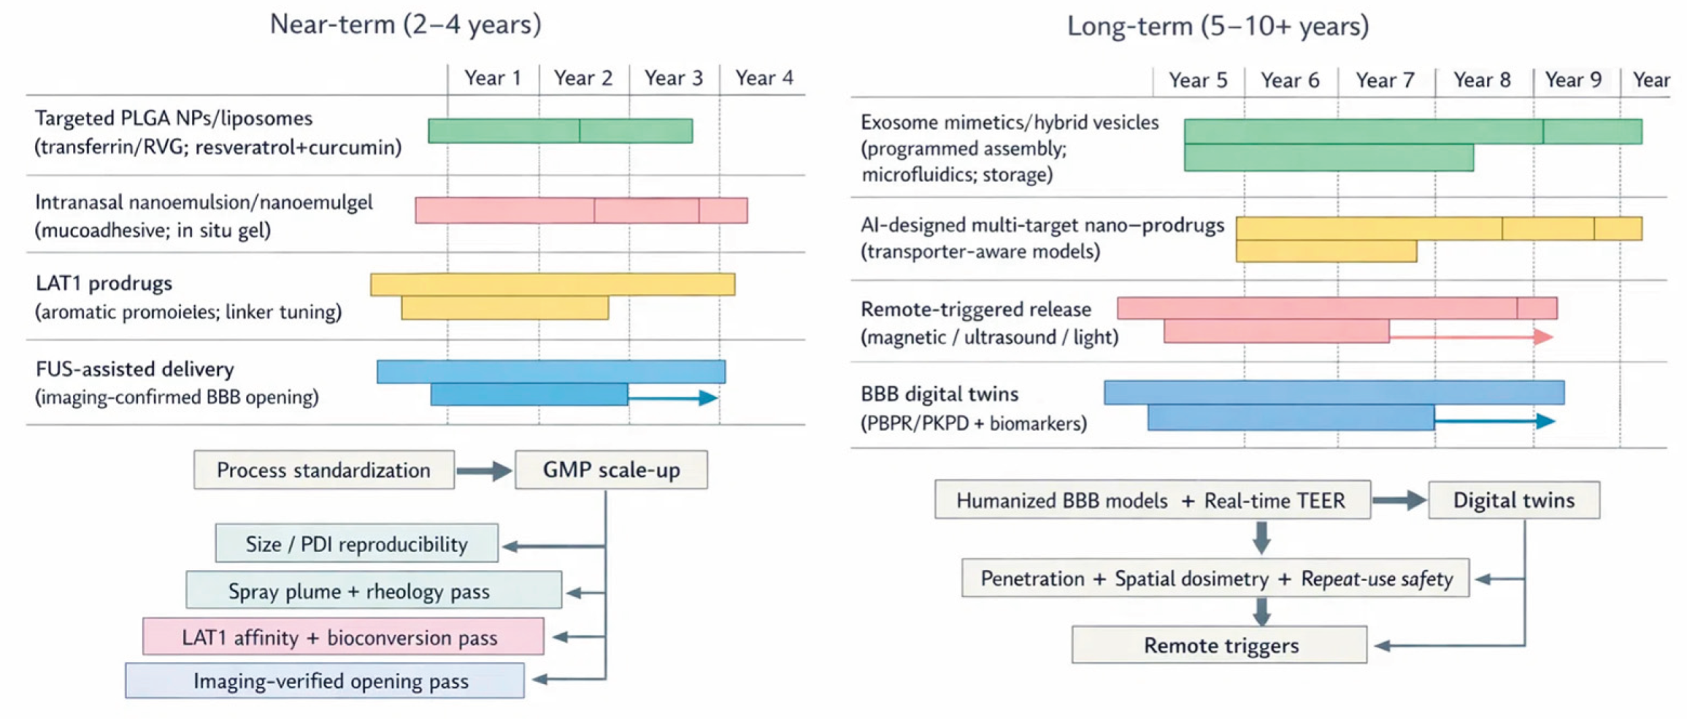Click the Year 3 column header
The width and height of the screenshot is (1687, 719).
click(673, 78)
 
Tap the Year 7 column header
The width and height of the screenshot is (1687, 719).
click(1384, 80)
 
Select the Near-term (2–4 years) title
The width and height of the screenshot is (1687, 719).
click(406, 24)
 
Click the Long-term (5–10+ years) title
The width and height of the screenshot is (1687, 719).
click(1217, 26)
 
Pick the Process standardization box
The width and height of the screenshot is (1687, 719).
click(323, 470)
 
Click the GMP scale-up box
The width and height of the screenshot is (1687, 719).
click(611, 470)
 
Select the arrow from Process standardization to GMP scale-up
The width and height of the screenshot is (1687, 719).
click(484, 471)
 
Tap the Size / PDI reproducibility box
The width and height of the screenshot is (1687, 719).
click(356, 544)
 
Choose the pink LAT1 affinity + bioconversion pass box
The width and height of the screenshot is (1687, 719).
click(343, 637)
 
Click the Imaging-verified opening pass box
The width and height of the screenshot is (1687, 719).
click(324, 681)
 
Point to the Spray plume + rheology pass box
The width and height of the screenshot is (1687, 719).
click(373, 591)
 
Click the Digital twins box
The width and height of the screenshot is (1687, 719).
click(1513, 501)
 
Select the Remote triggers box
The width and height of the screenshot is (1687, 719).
click(1219, 645)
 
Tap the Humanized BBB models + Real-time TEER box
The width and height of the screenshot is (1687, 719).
click(1152, 501)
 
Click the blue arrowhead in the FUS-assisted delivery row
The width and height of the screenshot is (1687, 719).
click(708, 398)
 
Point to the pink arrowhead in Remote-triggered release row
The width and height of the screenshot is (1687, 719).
click(1543, 336)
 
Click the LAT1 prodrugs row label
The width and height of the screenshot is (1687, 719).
click(104, 283)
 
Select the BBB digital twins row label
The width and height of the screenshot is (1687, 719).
click(939, 394)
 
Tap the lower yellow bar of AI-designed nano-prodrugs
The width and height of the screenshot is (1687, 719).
click(1325, 252)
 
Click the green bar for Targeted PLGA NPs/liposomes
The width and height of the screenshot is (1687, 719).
click(560, 131)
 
